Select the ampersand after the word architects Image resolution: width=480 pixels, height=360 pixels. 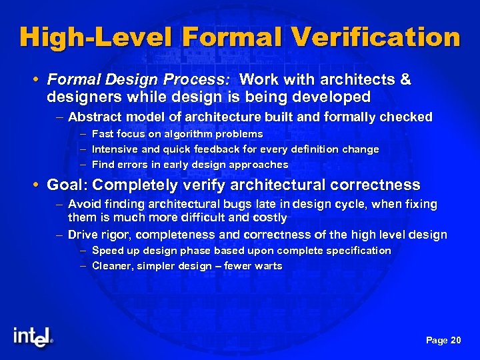point(404,80)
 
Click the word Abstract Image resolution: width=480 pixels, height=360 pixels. point(93,117)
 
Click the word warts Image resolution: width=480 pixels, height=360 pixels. point(268,266)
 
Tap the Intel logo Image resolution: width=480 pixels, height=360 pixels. point(32,337)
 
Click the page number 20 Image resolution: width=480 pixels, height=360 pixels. point(455,341)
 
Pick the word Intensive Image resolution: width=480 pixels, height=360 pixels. point(114,149)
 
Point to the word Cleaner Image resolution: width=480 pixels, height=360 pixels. point(112,266)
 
